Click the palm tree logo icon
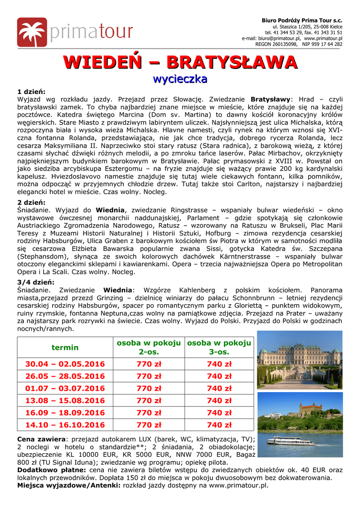click(x=32, y=32)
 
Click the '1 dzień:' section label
click(x=31, y=92)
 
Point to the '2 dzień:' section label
click(x=31, y=202)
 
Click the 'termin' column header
click(x=65, y=347)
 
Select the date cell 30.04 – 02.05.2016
click(x=65, y=364)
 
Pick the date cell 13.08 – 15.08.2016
click(x=65, y=401)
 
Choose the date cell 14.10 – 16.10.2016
click(x=65, y=425)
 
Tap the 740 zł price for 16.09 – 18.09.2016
click(x=219, y=413)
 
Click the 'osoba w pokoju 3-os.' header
click(x=219, y=347)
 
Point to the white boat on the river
click(x=290, y=441)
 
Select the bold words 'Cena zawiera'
click(x=41, y=439)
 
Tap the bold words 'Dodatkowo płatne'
click(x=52, y=470)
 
